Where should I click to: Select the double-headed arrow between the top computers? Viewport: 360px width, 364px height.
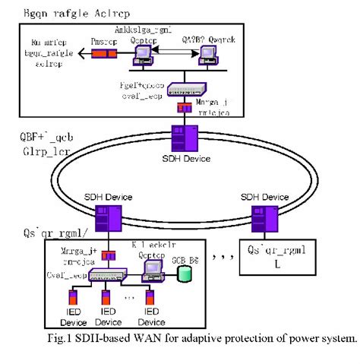(175, 49)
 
